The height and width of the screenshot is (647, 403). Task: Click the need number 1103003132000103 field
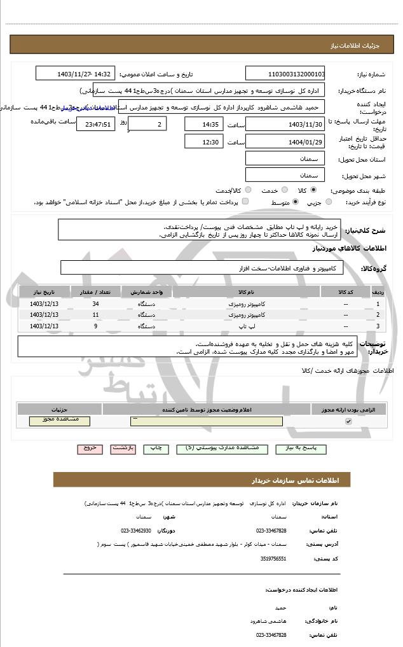click(285, 74)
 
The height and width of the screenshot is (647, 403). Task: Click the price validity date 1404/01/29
click(285, 142)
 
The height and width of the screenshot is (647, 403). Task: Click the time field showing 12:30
click(203, 142)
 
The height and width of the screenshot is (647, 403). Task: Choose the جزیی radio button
click(329, 202)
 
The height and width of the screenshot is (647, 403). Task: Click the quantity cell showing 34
click(95, 304)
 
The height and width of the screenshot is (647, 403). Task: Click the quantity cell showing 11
click(95, 315)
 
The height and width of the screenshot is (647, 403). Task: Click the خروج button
click(90, 448)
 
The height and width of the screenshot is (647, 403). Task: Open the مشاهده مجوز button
click(60, 421)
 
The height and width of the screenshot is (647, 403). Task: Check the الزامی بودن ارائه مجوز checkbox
click(348, 421)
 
